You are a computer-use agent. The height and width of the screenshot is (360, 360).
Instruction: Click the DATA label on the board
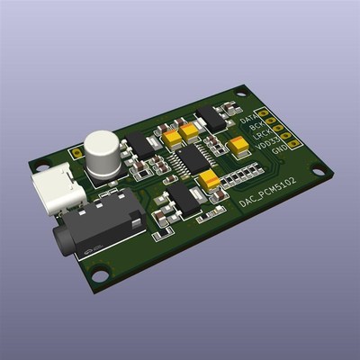(249, 119)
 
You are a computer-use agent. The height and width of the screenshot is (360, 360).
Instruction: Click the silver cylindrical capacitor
(102, 151)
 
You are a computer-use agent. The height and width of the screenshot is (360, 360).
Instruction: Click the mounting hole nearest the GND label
(317, 168)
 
